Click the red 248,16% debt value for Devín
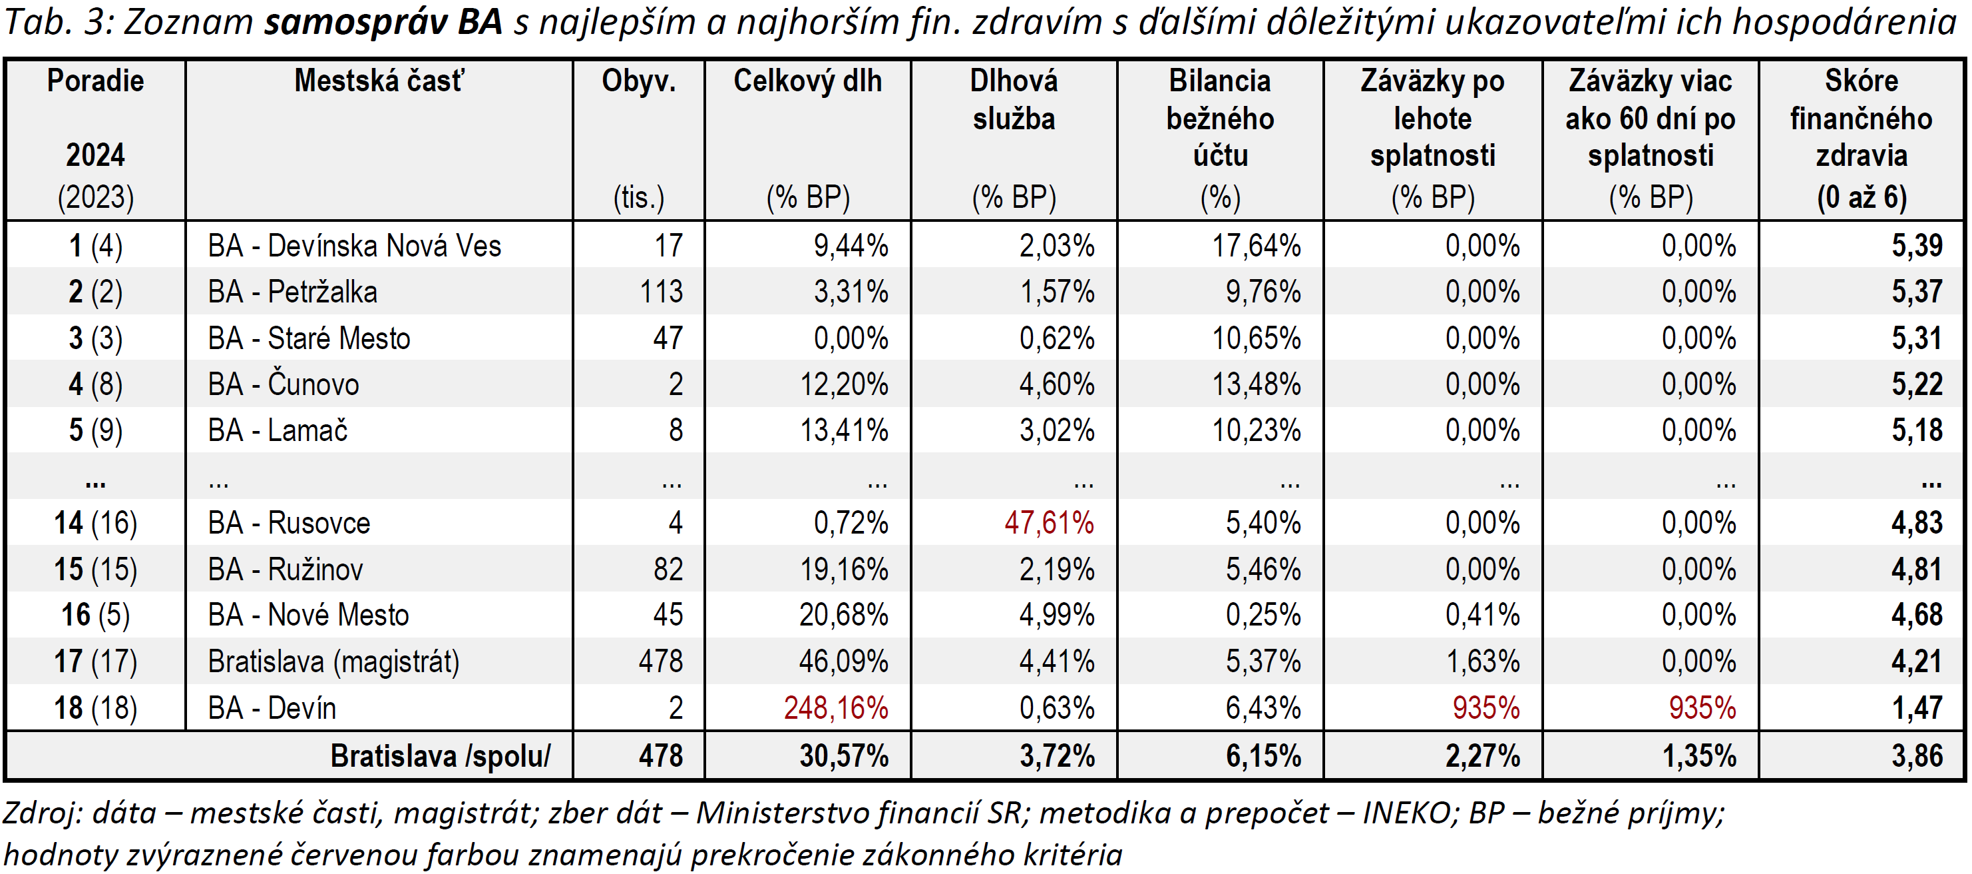point(835,707)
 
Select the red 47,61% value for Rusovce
point(1049,523)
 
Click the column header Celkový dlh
point(807,81)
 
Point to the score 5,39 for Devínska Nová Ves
point(1916,246)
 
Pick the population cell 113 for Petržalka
point(661,292)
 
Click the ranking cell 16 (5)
point(96,615)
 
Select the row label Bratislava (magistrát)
point(334,661)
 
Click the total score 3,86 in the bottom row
point(1916,756)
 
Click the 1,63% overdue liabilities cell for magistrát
point(1482,661)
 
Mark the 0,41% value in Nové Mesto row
point(1482,615)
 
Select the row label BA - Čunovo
point(284,384)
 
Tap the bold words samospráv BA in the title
point(383,22)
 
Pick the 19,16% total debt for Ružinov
point(844,569)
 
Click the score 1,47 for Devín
point(1916,707)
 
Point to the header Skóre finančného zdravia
point(1861,119)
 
